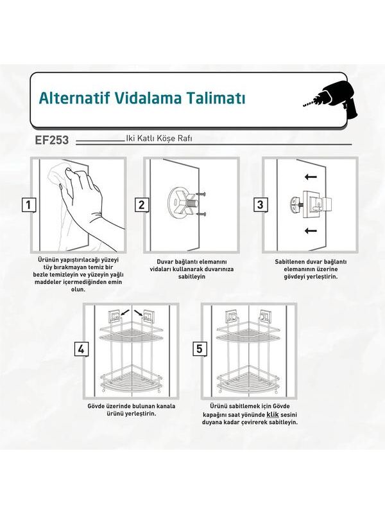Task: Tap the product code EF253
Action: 52,140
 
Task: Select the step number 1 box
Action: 29,205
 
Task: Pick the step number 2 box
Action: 141,205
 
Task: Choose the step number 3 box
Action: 260,205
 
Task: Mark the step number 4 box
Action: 81,350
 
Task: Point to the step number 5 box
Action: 200,349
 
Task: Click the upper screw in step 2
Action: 202,195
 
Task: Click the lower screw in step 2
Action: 202,215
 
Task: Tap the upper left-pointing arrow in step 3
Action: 311,177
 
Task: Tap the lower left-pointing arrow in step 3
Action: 311,231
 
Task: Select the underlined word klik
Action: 272,414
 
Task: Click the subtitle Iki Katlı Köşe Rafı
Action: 159,138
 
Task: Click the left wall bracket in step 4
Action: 114,315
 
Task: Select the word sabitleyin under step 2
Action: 192,276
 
